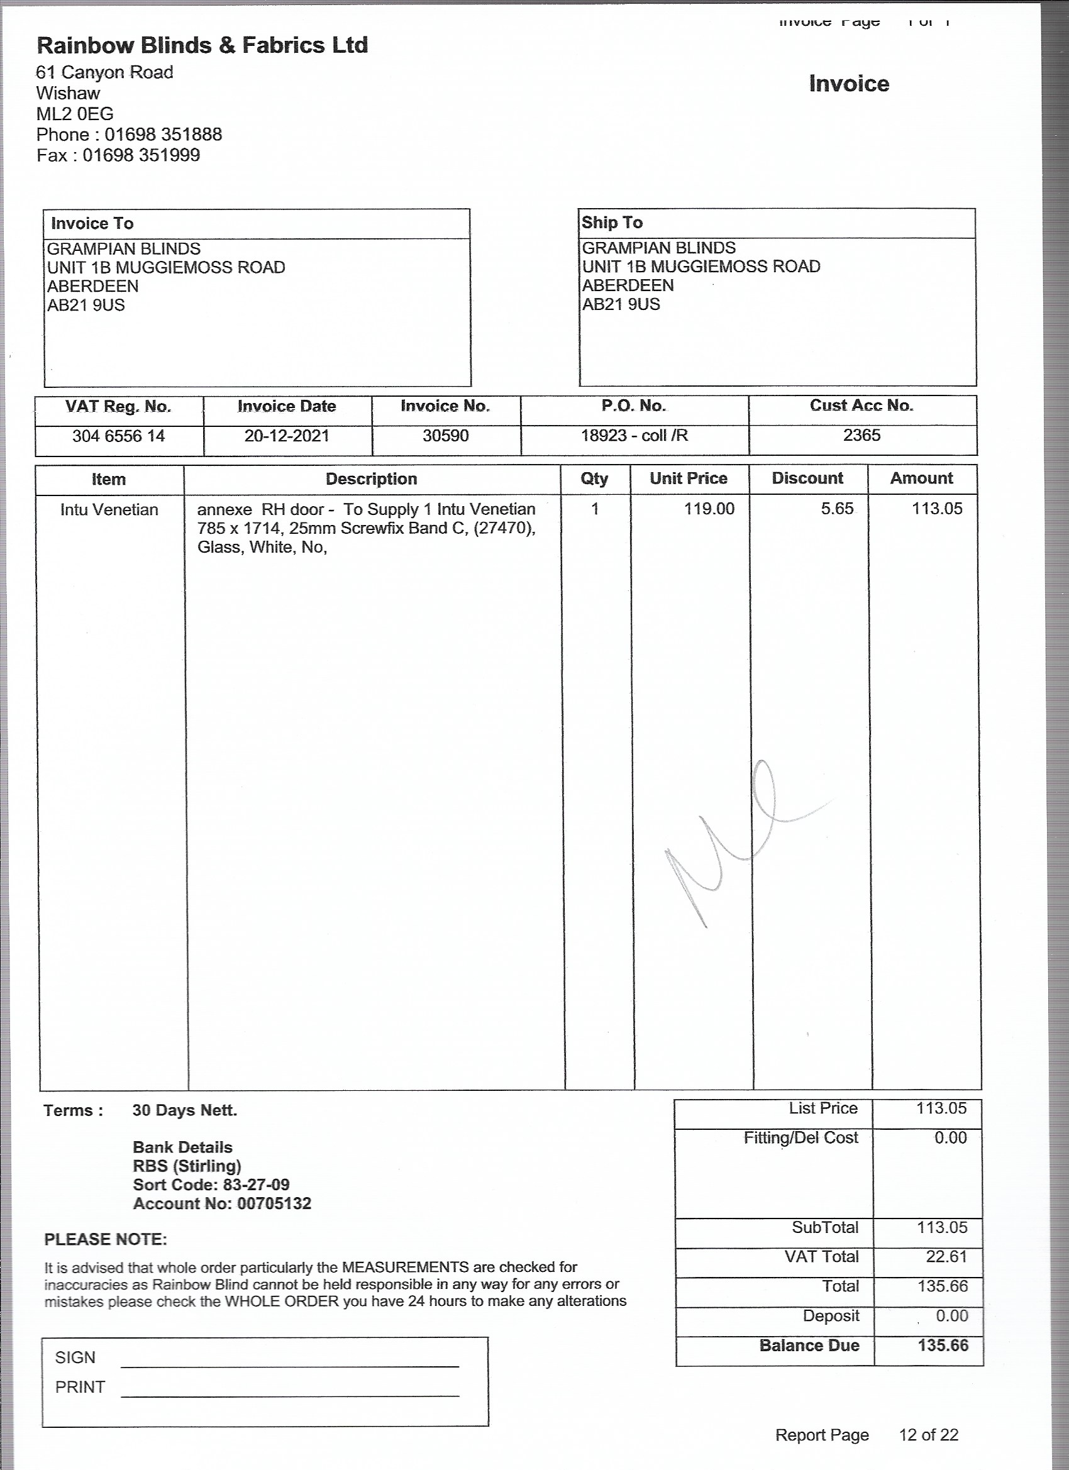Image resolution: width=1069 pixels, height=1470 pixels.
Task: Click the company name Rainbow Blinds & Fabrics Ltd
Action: click(x=202, y=45)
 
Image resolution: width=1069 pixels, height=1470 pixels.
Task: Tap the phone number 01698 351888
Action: click(x=163, y=135)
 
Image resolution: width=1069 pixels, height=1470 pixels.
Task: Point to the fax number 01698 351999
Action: click(x=141, y=155)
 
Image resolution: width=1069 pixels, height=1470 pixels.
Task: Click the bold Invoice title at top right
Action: click(x=848, y=84)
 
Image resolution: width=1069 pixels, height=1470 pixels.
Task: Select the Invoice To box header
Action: click(x=92, y=224)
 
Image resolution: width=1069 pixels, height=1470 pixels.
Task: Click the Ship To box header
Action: click(x=611, y=223)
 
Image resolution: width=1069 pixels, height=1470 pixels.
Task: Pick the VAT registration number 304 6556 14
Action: click(x=119, y=436)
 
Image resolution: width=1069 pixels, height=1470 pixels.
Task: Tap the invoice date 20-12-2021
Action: click(x=287, y=436)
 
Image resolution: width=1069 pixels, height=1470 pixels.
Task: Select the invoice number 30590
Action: click(x=445, y=436)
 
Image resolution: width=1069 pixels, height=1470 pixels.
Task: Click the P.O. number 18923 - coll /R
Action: click(x=634, y=435)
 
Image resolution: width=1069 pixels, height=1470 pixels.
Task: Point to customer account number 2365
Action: click(x=861, y=435)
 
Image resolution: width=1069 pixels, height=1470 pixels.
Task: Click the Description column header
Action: click(x=372, y=479)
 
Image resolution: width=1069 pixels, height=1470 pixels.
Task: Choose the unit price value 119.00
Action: click(x=709, y=509)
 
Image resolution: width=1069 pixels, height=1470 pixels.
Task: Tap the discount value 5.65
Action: click(x=837, y=509)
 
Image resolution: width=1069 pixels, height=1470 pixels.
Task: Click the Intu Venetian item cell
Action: click(x=109, y=510)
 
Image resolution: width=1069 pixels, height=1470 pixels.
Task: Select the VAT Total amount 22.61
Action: click(x=946, y=1257)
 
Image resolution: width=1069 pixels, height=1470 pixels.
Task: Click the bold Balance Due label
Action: click(x=809, y=1346)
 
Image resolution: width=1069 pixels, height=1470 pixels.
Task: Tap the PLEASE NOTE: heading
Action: click(x=106, y=1240)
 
